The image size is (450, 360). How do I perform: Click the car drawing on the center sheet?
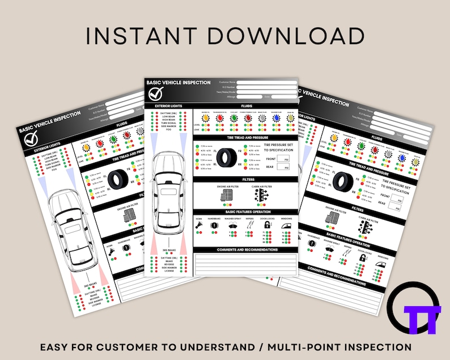(x=168, y=190)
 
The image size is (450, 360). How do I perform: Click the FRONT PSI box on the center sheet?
(x=286, y=160)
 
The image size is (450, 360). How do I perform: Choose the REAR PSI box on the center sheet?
(x=286, y=168)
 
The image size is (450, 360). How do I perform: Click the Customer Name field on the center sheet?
(x=266, y=82)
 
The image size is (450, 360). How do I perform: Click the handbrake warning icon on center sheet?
(x=214, y=225)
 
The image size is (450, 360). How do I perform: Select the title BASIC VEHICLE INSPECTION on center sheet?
(x=179, y=83)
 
